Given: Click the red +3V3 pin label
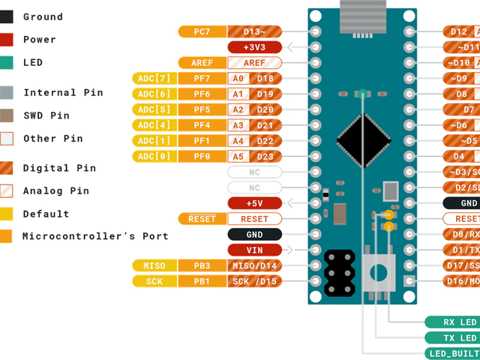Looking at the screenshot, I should (x=254, y=46).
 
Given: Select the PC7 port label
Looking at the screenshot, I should (x=202, y=31).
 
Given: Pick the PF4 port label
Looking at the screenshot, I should (x=202, y=124).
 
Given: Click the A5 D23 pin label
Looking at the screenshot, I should (x=254, y=156).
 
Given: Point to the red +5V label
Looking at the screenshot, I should (x=254, y=202).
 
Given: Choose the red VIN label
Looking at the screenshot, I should (x=254, y=250).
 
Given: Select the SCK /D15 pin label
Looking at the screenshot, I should (x=254, y=281).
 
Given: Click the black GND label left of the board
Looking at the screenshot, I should (x=254, y=234).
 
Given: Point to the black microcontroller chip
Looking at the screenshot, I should (x=364, y=137).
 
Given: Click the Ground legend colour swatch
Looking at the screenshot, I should (x=7, y=16).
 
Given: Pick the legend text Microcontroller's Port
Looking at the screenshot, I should (x=95, y=236).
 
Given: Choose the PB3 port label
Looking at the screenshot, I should (x=202, y=265).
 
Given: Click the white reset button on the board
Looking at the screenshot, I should (x=380, y=271).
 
